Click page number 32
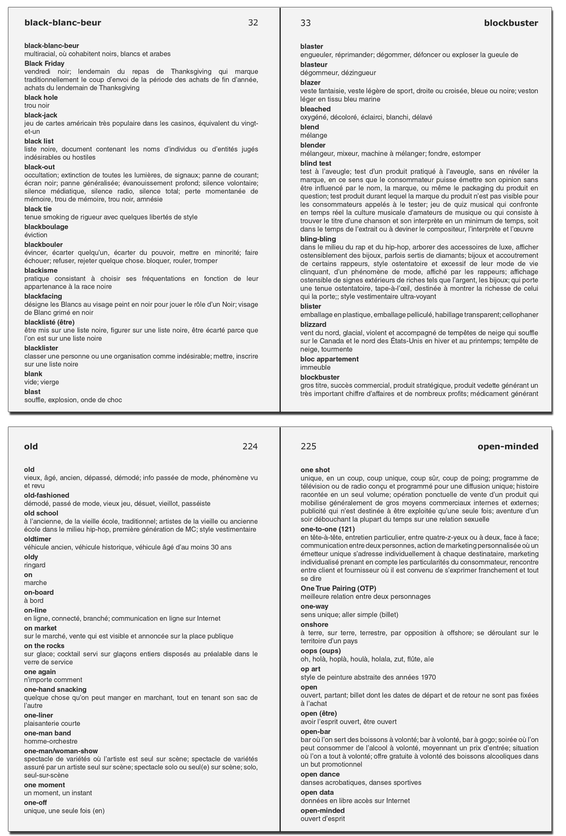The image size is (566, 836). (253, 23)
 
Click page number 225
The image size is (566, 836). (308, 446)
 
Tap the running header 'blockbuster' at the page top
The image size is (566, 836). (510, 23)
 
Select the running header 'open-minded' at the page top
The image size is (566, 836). (508, 446)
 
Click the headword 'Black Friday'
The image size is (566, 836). (44, 63)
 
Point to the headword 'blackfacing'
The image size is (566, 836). (43, 296)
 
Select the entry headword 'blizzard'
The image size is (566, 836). (313, 324)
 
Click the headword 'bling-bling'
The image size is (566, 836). (318, 239)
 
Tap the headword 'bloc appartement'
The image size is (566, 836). (329, 359)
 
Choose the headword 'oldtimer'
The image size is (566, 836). (37, 539)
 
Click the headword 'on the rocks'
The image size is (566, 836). (44, 646)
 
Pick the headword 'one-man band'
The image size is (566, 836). (47, 733)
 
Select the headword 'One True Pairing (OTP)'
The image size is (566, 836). (338, 588)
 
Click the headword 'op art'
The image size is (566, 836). (310, 669)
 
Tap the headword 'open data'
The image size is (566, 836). (317, 792)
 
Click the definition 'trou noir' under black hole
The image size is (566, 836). (37, 106)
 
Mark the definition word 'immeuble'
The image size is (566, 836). (315, 367)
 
